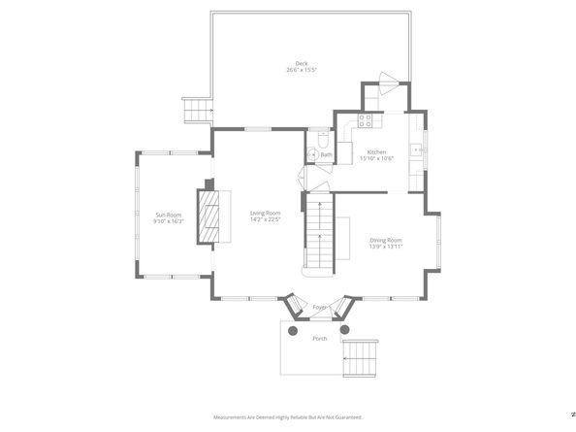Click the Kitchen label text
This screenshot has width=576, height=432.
coord(376,151)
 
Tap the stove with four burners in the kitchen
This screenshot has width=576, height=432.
coord(366,120)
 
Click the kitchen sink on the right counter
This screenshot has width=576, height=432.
coord(415,150)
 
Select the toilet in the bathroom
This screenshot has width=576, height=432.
coord(314,152)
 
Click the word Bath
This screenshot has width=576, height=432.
coord(327,155)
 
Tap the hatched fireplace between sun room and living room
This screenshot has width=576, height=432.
coord(209,217)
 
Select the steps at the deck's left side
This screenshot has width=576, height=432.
coord(197,112)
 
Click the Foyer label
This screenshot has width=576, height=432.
coord(319,308)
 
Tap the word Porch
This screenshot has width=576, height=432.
coord(319,338)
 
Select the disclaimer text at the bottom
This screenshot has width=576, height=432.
coord(287,417)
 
